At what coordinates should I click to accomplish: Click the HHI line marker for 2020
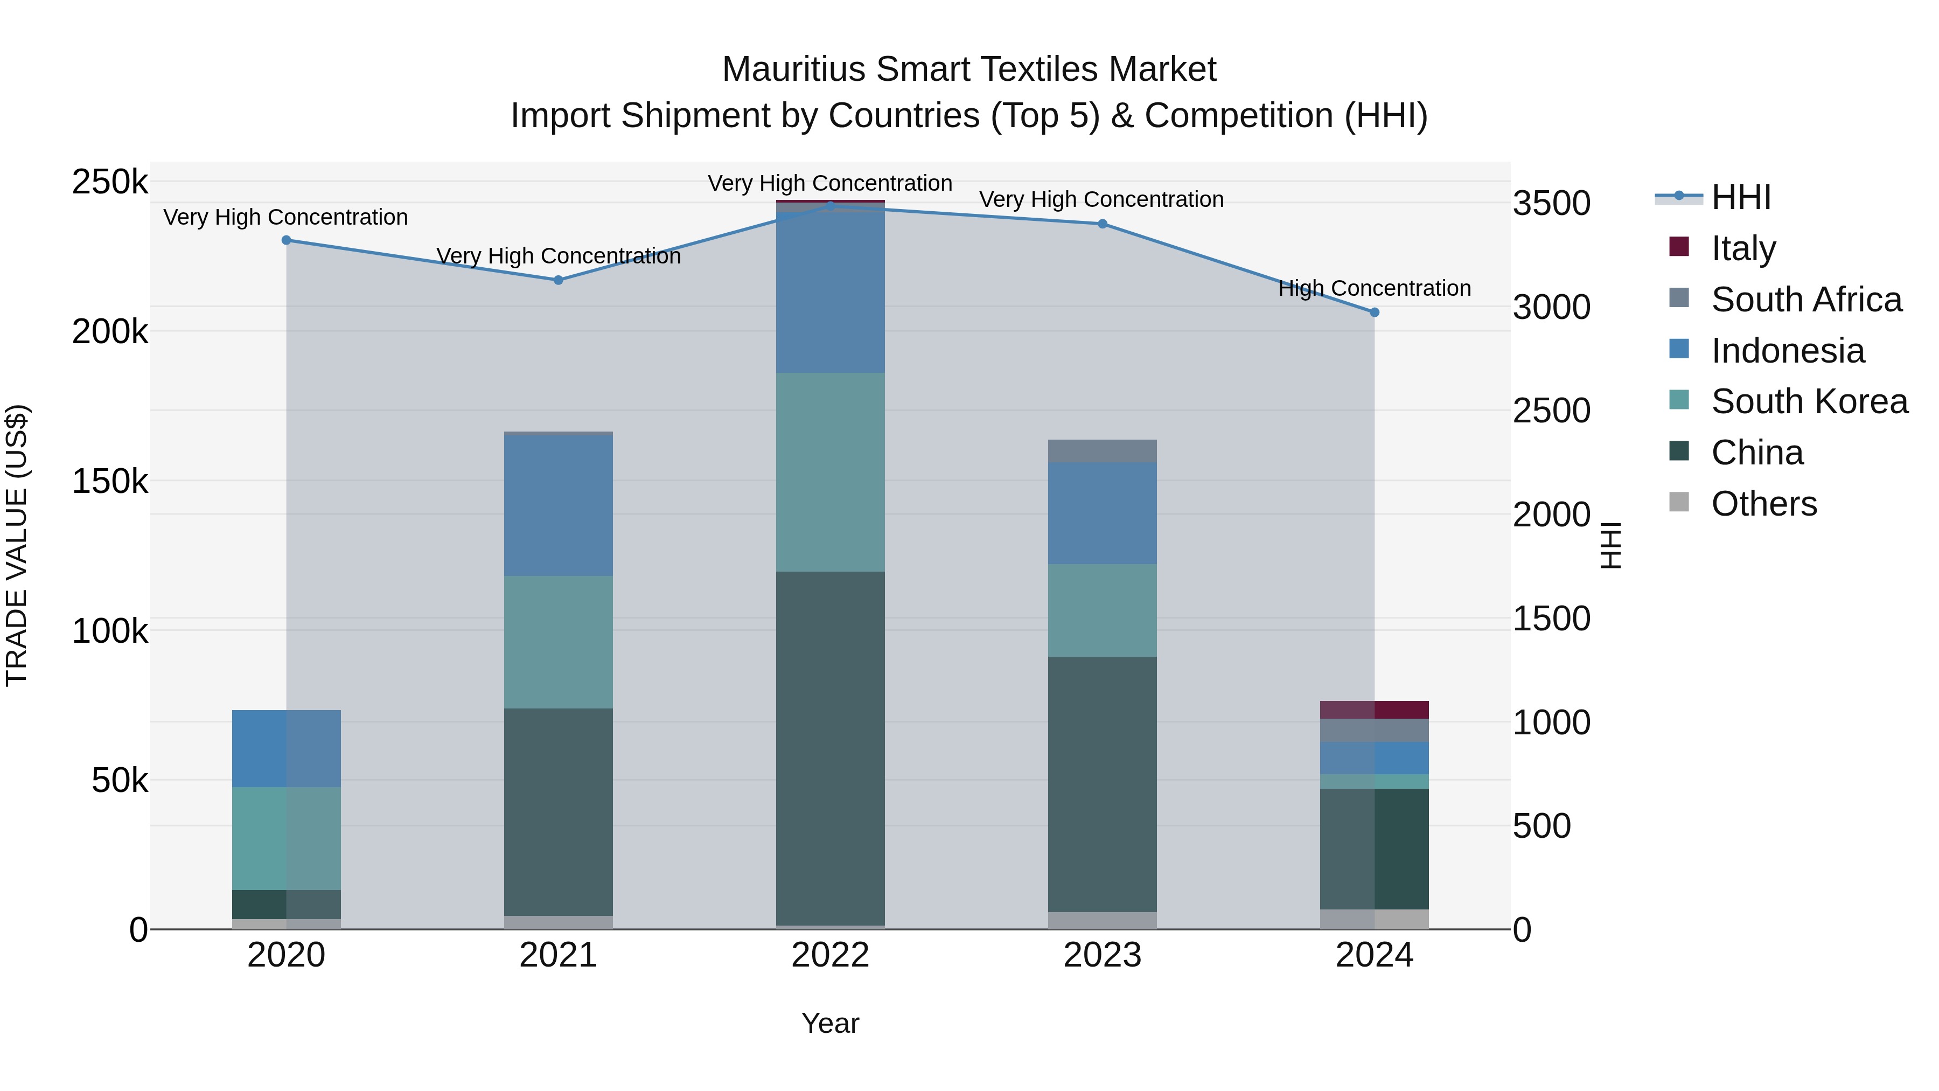click(x=286, y=240)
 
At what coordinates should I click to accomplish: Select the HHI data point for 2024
click(x=1375, y=312)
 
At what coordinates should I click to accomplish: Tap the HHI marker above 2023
click(x=1103, y=224)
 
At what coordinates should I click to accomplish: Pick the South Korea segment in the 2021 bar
click(x=559, y=642)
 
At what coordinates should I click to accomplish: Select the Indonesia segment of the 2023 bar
click(x=1103, y=513)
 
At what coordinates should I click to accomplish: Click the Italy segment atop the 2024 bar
click(x=1375, y=709)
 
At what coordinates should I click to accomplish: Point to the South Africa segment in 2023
click(x=1103, y=450)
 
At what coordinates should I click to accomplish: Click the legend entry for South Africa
click(x=1806, y=300)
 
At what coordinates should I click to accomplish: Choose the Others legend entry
click(x=1763, y=504)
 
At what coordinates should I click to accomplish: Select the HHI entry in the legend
click(x=1740, y=197)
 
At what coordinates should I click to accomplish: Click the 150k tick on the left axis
click(x=110, y=481)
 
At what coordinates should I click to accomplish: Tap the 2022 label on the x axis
click(x=830, y=955)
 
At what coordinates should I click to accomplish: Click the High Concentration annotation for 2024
click(x=1375, y=288)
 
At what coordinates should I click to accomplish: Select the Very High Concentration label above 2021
click(x=559, y=256)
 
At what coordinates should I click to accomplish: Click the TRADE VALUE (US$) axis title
click(x=17, y=545)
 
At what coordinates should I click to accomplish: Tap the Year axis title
click(x=830, y=1023)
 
